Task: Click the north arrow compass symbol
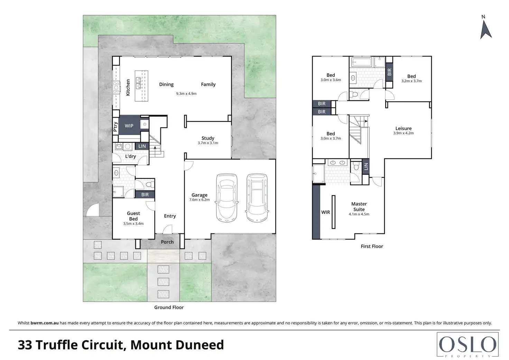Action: pos(485,28)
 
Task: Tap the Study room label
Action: pos(208,138)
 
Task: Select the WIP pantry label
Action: pos(129,126)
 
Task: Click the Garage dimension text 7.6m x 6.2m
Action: pos(200,200)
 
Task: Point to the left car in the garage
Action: pos(226,197)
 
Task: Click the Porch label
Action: pos(167,242)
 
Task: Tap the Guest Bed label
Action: pos(133,216)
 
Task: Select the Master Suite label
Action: pos(359,207)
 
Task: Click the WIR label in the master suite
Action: pos(326,212)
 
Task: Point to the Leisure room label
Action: pos(404,129)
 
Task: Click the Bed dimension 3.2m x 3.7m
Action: pos(411,81)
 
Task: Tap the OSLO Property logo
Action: pos(468,345)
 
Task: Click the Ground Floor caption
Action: pos(169,307)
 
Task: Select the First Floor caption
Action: pos(372,247)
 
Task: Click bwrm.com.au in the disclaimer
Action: pos(45,323)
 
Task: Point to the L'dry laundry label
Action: pos(131,156)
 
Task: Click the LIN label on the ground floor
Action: pos(142,146)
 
